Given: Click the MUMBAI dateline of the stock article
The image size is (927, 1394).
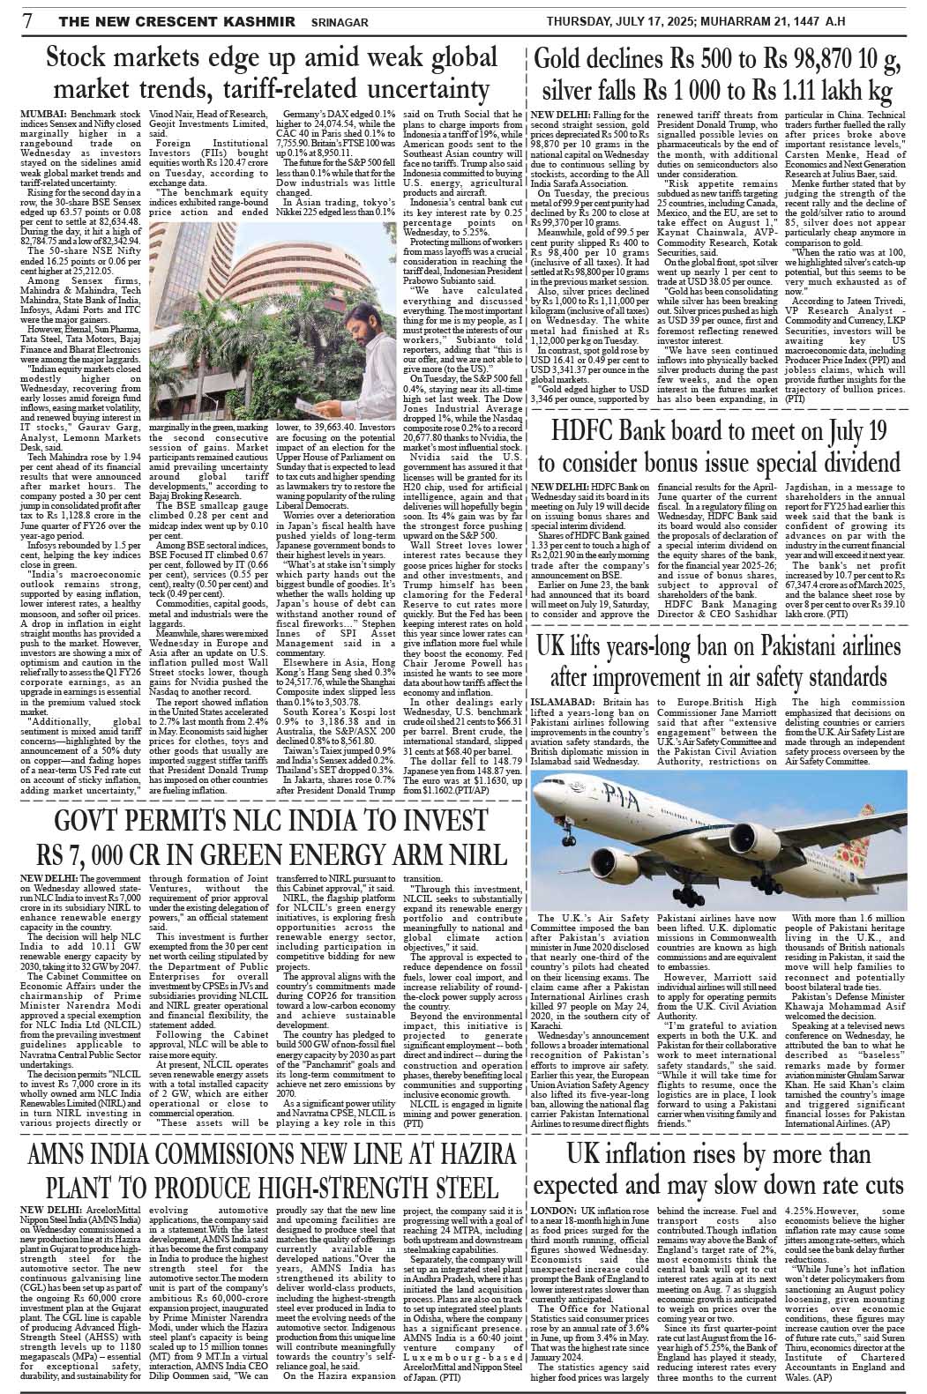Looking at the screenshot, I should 41,115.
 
